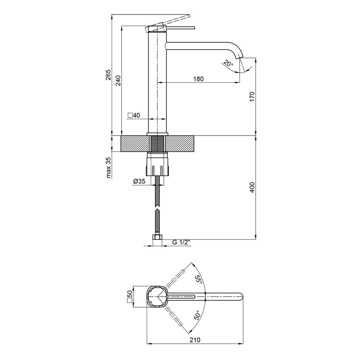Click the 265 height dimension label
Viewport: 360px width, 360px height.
pos(108,75)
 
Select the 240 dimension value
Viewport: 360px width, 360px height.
pos(118,81)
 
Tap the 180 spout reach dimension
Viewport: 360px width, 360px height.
pos(198,79)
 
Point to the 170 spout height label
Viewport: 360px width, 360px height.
pos(252,96)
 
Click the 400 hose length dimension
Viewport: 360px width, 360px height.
pos(252,187)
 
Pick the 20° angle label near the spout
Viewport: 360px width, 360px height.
pos(228,63)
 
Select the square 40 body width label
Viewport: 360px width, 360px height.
pos(134,115)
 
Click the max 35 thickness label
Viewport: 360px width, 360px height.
pos(108,167)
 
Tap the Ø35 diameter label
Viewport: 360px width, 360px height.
pos(139,181)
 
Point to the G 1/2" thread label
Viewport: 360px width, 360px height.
pos(181,242)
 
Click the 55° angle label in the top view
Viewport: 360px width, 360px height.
pos(198,279)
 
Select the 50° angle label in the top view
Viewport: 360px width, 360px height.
pos(198,315)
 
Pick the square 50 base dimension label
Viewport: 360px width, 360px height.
pos(130,297)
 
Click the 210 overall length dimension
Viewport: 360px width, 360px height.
pos(195,340)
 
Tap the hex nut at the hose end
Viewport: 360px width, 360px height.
pos(157,237)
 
